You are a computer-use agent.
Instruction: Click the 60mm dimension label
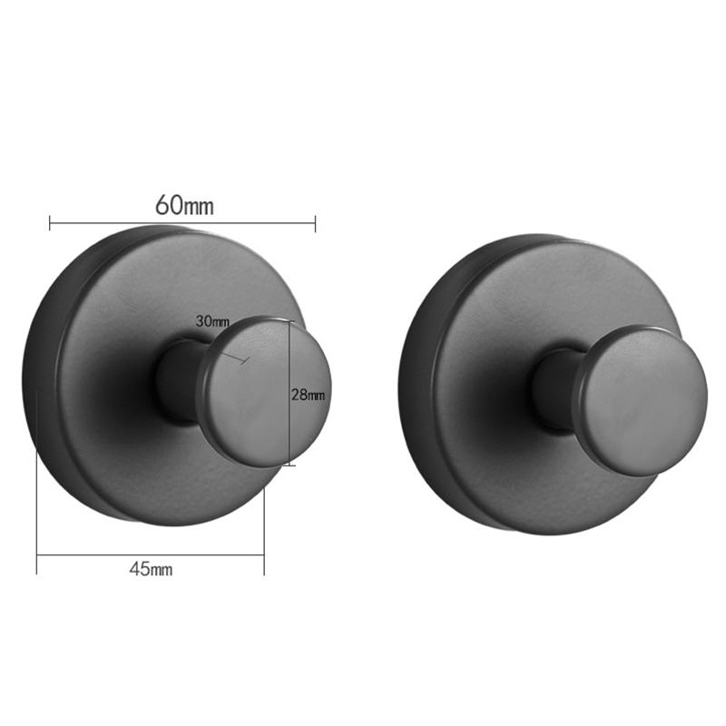point(184,205)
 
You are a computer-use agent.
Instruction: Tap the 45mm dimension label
point(151,569)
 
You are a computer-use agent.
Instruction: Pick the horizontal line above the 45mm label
point(151,554)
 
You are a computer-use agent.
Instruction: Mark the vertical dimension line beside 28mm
point(290,427)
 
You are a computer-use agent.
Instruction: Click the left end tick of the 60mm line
point(50,221)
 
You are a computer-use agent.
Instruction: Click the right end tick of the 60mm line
point(315,221)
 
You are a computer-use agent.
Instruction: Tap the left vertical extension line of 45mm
point(36,508)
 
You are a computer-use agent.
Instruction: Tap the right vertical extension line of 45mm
point(264,517)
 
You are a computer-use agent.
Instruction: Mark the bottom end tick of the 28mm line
point(290,466)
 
